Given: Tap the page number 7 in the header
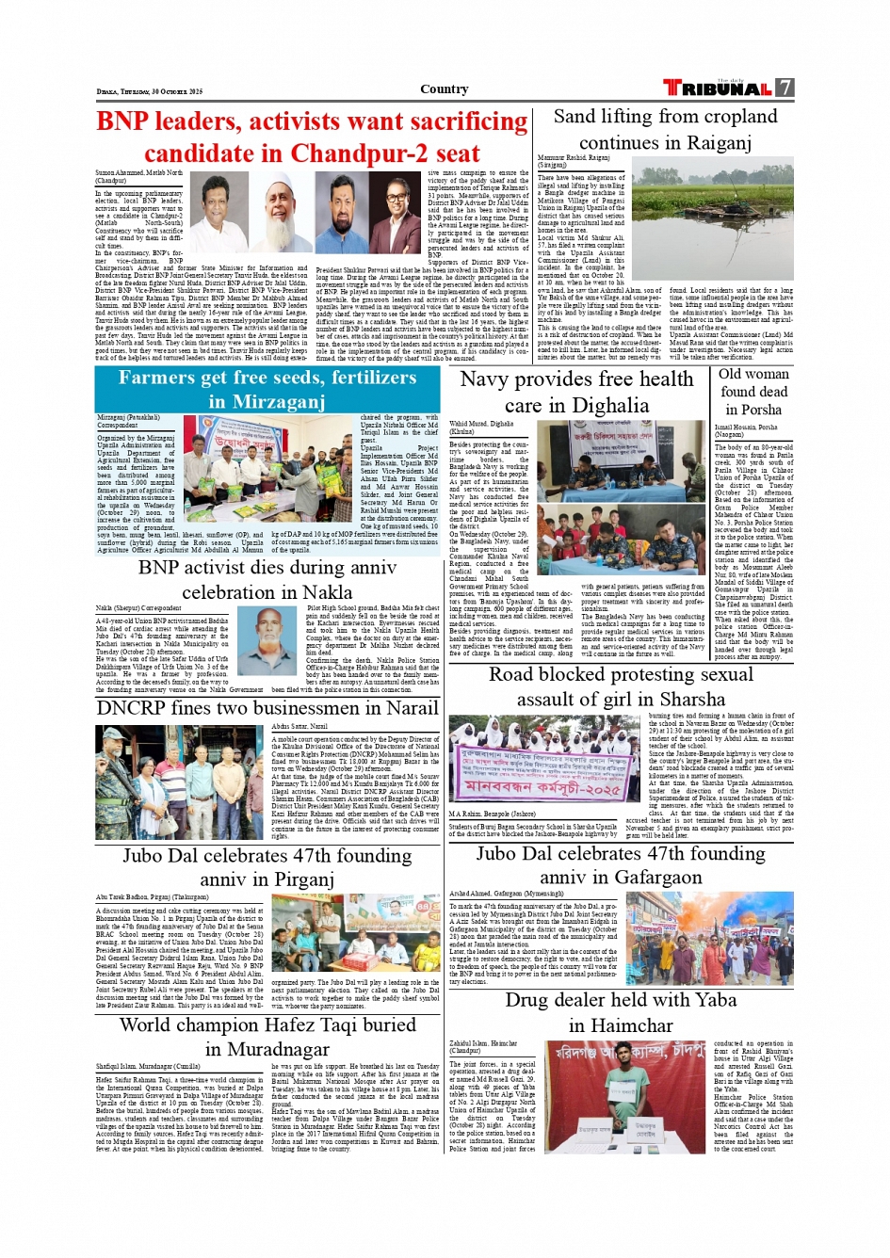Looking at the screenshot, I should (x=785, y=89).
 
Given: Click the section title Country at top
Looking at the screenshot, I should (x=445, y=89).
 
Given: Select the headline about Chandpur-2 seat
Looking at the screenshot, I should (x=312, y=137).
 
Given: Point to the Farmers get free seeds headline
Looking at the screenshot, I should (x=267, y=389).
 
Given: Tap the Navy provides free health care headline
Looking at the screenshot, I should (x=575, y=392).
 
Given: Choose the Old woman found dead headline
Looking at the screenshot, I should (x=752, y=391).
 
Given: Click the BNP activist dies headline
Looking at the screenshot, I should (x=267, y=579).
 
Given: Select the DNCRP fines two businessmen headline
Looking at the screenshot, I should (x=267, y=708).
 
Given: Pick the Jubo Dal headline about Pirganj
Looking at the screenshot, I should (x=267, y=866).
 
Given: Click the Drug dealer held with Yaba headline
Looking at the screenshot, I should (x=620, y=1011).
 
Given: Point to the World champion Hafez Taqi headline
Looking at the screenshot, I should (x=267, y=1036).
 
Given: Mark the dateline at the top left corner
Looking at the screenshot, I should (x=149, y=91).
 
